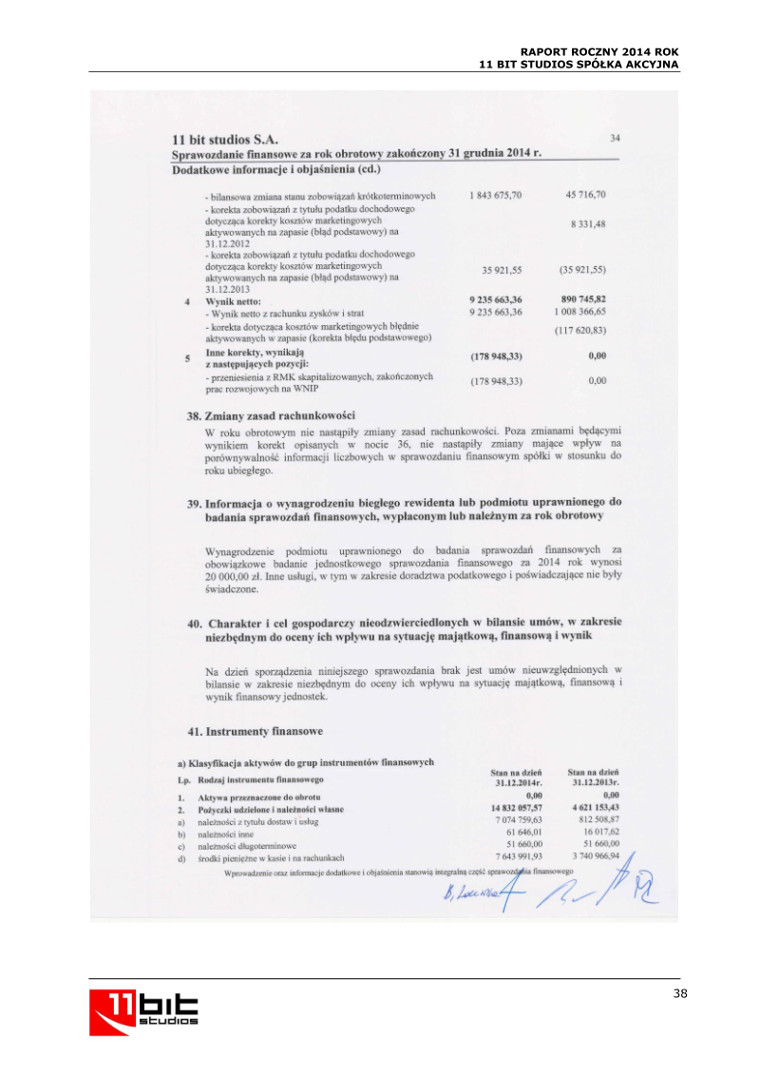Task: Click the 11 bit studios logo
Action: pyautogui.click(x=144, y=1011)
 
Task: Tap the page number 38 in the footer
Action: pyautogui.click(x=678, y=994)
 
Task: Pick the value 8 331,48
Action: pyautogui.click(x=588, y=223)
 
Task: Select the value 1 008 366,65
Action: pyautogui.click(x=579, y=312)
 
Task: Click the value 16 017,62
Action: pyautogui.click(x=598, y=832)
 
